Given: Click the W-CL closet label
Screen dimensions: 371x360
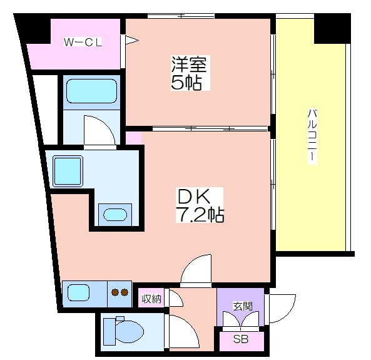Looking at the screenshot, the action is [x=83, y=42].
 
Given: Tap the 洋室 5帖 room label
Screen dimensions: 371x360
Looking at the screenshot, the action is [x=190, y=73].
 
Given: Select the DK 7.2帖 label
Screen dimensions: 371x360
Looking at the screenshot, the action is [x=200, y=205].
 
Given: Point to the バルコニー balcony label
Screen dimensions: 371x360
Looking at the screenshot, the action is [x=312, y=136].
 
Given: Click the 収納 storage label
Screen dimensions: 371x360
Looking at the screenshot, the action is [x=151, y=299].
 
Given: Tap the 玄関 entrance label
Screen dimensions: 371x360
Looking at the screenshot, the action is [x=243, y=306].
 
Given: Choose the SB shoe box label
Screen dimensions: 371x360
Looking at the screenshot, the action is [x=241, y=339].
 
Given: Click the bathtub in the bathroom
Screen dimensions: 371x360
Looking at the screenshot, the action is [x=91, y=91].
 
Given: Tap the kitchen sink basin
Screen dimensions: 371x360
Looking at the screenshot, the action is [x=78, y=293].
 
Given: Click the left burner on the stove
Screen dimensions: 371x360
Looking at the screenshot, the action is [x=115, y=292].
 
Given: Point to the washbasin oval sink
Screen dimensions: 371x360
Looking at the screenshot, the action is [x=115, y=215].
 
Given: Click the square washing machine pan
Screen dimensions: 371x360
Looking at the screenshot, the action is [x=68, y=171].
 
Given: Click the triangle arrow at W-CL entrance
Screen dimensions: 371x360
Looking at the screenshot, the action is [x=131, y=40].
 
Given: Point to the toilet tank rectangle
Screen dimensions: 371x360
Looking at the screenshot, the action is [x=109, y=332].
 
